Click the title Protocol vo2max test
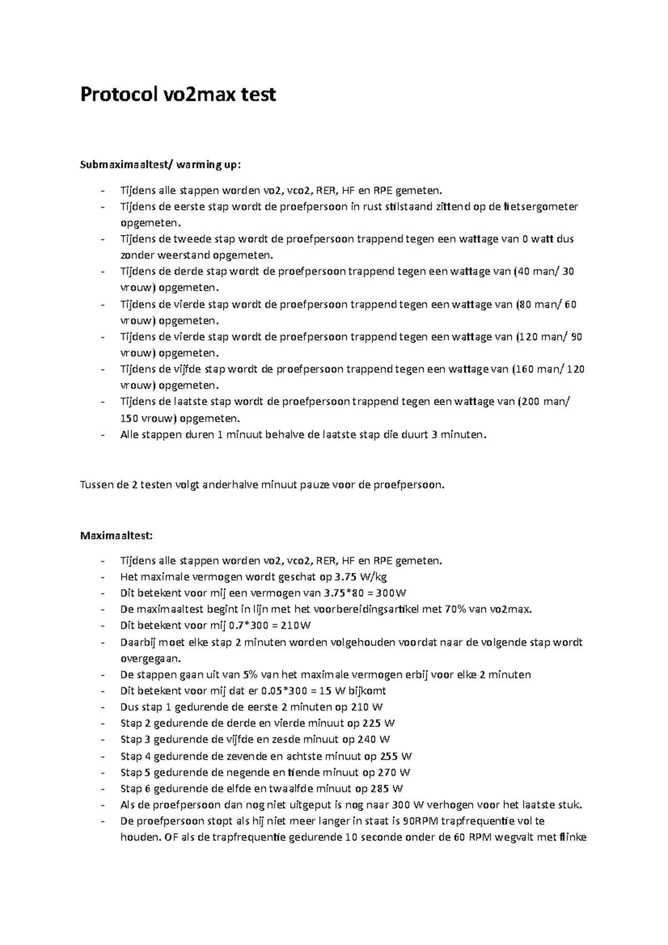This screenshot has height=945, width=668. coord(178,95)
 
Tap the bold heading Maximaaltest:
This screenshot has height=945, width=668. coord(116,535)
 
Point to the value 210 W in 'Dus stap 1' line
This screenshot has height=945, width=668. coord(367,707)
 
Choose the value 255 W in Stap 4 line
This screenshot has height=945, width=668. coord(396,756)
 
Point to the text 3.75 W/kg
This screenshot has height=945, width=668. coord(361,577)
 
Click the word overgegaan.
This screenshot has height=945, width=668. coord(150,658)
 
